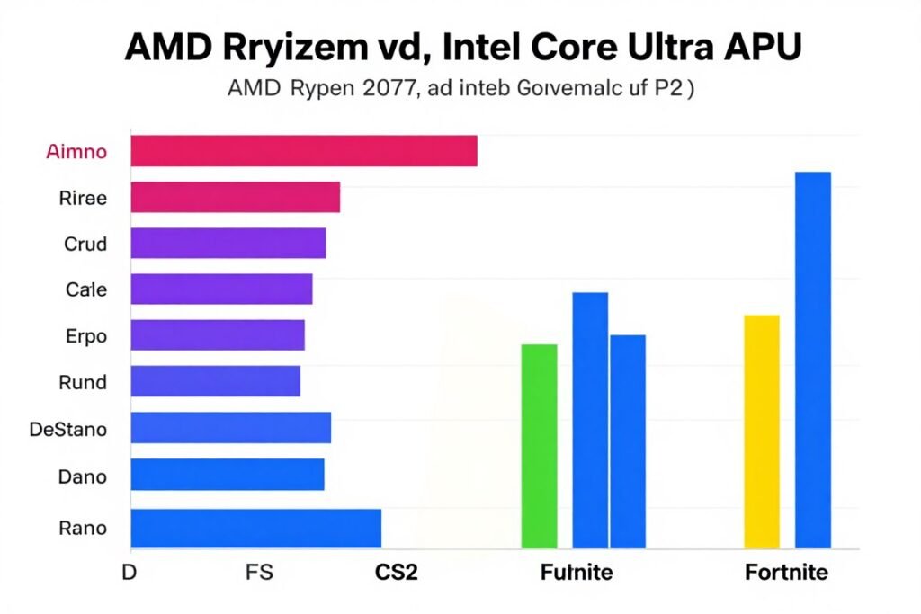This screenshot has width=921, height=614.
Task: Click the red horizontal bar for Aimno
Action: pos(303,151)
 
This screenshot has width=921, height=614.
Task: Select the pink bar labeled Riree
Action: pos(235,197)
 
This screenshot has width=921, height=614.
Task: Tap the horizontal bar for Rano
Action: pos(255,528)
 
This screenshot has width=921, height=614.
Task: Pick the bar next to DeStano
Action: pos(230,428)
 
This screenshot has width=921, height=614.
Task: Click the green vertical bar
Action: pos(539,446)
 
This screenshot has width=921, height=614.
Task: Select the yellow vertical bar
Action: pos(762,431)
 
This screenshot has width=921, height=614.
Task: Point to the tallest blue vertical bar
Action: pos(812,360)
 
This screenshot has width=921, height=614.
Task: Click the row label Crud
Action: pos(85,244)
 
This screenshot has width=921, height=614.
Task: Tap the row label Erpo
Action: pos(86,337)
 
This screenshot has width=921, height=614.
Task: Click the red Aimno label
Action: pos(76,151)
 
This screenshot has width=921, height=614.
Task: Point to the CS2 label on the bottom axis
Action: pos(396,573)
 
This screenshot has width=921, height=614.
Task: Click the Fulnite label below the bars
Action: pos(576,573)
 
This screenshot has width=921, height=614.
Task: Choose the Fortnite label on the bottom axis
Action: pos(786,573)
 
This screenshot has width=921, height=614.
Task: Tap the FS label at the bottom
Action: pos(258,573)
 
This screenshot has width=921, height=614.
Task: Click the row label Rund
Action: pos(82,382)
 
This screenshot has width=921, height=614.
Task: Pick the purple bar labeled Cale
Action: pos(221,289)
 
